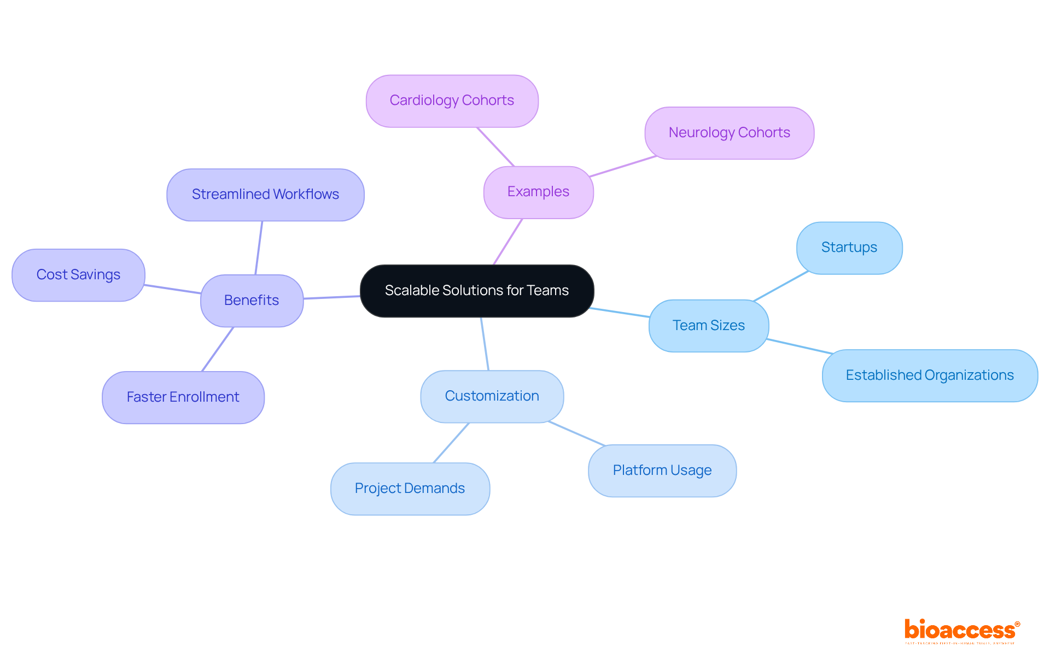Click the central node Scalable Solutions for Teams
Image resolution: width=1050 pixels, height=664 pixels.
click(x=477, y=291)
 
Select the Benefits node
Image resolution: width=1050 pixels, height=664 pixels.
click(x=252, y=301)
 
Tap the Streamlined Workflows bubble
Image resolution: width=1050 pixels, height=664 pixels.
click(x=265, y=195)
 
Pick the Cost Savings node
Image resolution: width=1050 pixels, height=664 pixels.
click(x=78, y=275)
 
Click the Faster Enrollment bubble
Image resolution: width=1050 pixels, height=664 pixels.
click(x=183, y=397)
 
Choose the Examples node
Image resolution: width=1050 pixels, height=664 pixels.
click(x=538, y=192)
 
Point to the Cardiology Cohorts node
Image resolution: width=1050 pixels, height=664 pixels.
click(x=452, y=101)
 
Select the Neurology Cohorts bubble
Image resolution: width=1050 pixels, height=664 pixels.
click(x=729, y=133)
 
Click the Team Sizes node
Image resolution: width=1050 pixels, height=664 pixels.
click(x=708, y=326)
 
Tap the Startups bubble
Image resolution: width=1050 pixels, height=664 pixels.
click(x=849, y=248)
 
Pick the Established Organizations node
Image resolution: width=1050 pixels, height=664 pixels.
click(x=930, y=375)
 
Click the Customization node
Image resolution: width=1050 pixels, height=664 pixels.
click(x=492, y=396)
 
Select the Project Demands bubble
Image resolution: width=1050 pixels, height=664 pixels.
click(x=410, y=489)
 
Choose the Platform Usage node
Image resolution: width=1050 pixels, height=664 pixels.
click(x=662, y=471)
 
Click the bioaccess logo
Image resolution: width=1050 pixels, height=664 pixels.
click(x=961, y=631)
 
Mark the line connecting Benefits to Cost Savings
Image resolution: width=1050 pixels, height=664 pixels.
click(x=173, y=289)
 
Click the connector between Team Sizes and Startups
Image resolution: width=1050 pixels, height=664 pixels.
click(x=780, y=286)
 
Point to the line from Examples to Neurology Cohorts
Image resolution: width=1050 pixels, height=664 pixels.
click(x=623, y=166)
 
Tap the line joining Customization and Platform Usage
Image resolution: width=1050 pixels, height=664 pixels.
click(x=576, y=433)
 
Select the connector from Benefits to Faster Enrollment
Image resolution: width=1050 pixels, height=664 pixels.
click(x=218, y=349)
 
